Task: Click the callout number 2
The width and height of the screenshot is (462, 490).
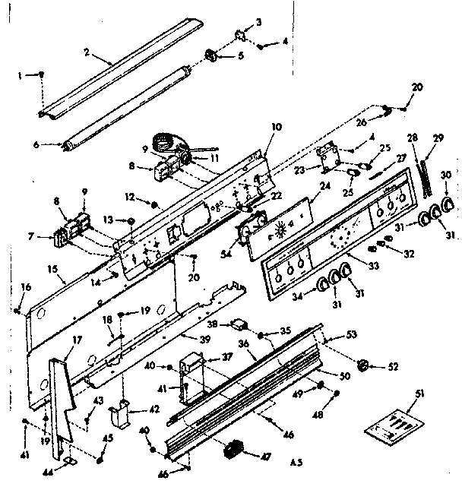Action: [87, 52]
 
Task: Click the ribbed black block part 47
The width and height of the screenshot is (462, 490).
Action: [234, 450]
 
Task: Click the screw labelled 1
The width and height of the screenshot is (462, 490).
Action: [42, 74]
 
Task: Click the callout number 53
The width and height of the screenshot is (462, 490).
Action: [351, 334]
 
